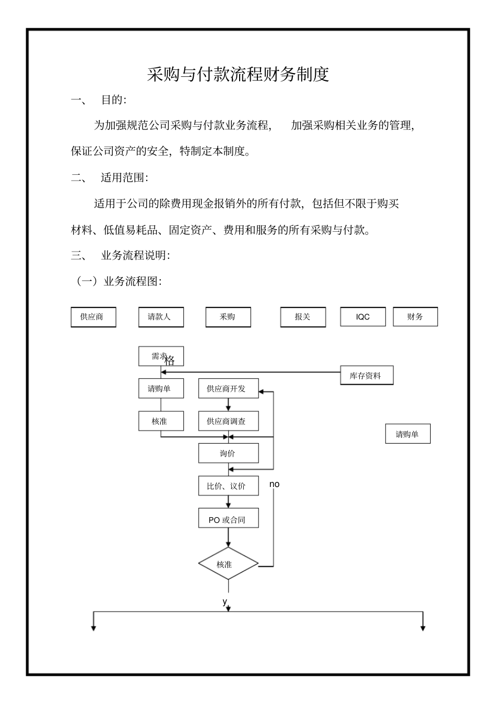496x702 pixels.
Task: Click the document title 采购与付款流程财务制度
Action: pos(238,74)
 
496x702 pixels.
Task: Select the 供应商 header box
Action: pos(93,317)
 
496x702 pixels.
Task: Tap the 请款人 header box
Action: pos(161,317)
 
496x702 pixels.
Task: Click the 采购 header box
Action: pos(228,317)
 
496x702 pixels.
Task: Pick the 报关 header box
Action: pos(303,317)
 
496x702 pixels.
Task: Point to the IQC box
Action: pos(363,317)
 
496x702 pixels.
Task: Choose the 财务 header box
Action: pos(415,317)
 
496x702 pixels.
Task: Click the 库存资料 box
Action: pos(367,376)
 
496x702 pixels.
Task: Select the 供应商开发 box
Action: pos(228,389)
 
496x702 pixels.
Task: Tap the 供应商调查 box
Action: pos(228,421)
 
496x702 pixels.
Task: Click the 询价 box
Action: pos(228,454)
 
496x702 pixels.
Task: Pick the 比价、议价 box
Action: pos(228,486)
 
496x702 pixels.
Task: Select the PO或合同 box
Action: pos(228,520)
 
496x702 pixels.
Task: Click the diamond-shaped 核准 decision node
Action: pos(228,564)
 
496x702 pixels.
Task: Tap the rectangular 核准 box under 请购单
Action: pos(161,421)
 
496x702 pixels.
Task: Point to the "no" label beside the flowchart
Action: pos(274,484)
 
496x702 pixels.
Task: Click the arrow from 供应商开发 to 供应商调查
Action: pos(228,405)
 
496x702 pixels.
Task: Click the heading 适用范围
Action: pos(124,177)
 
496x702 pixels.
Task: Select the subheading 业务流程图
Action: pos(132,281)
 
